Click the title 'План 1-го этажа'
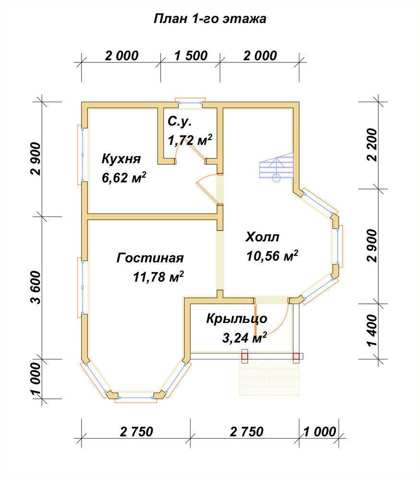tap(210, 19)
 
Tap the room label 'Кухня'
tap(121, 159)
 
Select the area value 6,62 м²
tap(124, 178)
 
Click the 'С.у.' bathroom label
tap(180, 121)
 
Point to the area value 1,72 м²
tap(190, 140)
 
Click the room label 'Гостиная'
tap(150, 258)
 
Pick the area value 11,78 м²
tap(158, 277)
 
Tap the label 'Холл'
tap(263, 237)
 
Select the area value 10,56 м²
tap(272, 256)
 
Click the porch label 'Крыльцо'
tap(237, 319)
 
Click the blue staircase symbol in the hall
tap(276, 168)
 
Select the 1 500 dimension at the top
tap(191, 56)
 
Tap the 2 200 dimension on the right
tap(372, 144)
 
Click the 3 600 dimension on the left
tap(36, 287)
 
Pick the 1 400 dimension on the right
tap(372, 330)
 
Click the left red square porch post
tap(245, 356)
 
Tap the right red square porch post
tap(296, 356)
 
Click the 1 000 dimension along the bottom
tap(320, 432)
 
